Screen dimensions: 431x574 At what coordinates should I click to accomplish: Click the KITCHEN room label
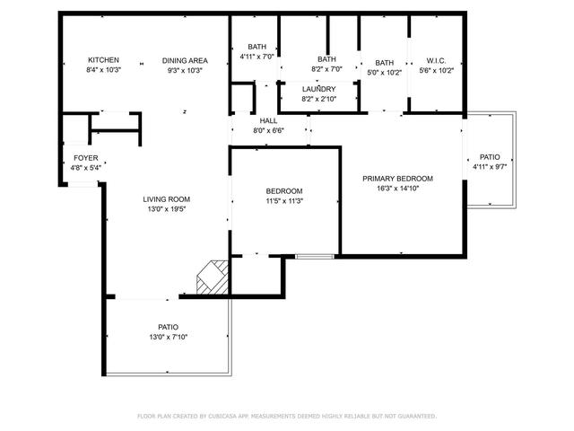coord(103,60)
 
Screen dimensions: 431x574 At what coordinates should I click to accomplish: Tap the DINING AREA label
coord(184,60)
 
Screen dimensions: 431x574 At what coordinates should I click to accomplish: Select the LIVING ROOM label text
coord(167,199)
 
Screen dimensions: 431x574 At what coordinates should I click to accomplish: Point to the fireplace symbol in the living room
coord(212,277)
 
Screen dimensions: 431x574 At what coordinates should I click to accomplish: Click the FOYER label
coord(86,158)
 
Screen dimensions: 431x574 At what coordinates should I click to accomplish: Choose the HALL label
coord(268,120)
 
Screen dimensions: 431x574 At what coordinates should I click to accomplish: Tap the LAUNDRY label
coord(318,89)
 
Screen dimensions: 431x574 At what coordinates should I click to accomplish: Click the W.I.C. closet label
coord(437,60)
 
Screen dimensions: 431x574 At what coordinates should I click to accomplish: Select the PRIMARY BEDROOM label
coord(397,179)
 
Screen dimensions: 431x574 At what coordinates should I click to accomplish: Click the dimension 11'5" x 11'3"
coord(284,201)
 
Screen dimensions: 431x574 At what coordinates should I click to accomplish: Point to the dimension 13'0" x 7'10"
coord(168,337)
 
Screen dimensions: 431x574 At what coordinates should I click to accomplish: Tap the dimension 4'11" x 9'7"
coord(490,166)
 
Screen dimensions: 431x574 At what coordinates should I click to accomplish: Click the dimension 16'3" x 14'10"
coord(397,189)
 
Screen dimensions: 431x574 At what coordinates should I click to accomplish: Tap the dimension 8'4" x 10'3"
coord(103,70)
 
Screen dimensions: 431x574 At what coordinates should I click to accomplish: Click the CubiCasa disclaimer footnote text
coord(286,416)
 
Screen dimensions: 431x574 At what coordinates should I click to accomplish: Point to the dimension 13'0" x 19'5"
coord(167,209)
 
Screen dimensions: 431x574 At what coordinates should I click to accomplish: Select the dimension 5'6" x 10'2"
coord(437,70)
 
